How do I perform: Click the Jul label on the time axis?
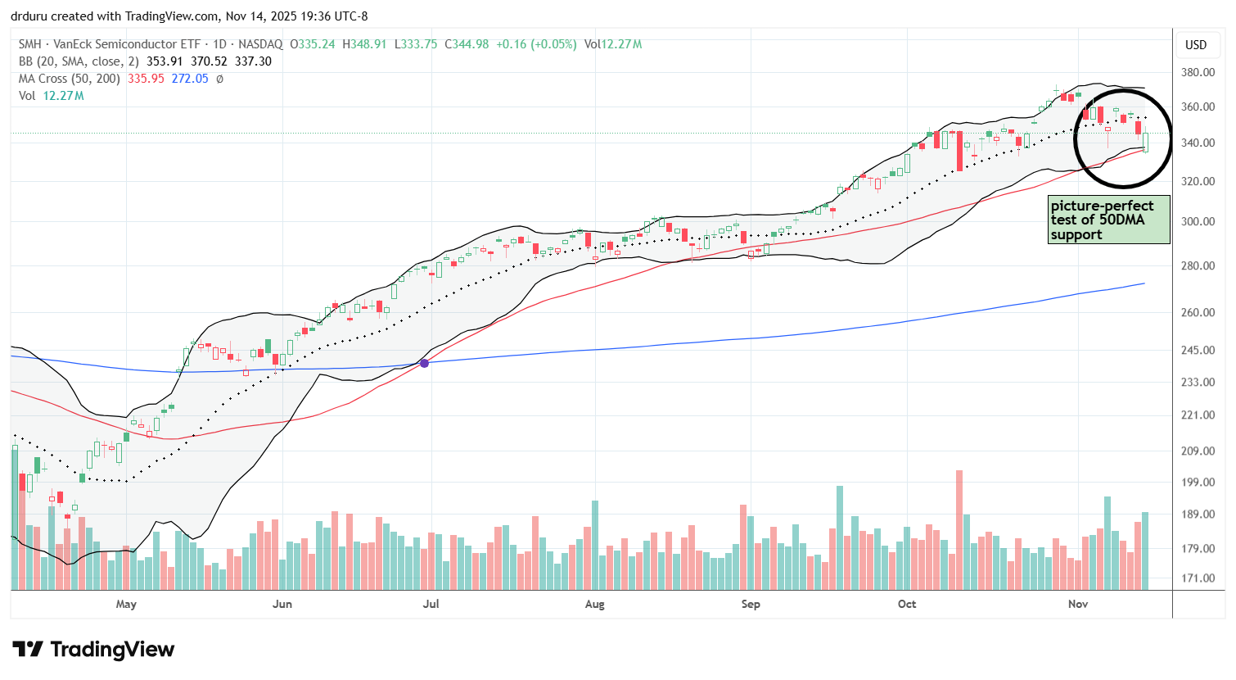(431, 604)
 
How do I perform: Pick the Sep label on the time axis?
(751, 604)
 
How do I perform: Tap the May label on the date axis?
(126, 604)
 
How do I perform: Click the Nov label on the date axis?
(1078, 604)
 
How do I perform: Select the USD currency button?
(1196, 45)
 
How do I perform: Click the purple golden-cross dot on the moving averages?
(424, 362)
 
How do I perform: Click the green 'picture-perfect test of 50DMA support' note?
(1108, 220)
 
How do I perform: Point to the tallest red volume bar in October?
(959, 529)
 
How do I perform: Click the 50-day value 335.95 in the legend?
(146, 79)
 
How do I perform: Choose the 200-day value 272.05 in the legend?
(190, 79)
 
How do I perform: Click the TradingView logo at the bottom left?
(93, 650)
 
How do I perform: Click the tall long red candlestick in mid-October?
(959, 151)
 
